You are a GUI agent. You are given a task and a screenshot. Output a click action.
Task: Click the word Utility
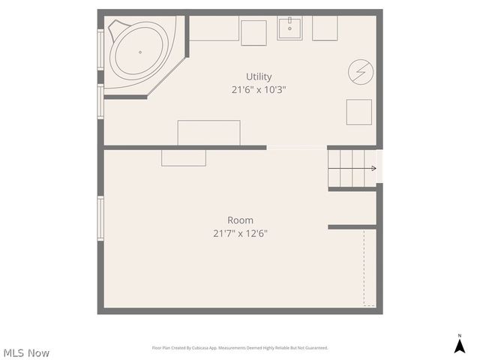coord(259,76)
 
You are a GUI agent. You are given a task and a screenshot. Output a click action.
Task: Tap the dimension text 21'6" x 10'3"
coord(259,89)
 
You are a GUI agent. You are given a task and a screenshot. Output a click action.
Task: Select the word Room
coord(240,220)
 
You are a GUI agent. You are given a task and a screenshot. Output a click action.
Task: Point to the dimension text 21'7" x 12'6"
coord(240,233)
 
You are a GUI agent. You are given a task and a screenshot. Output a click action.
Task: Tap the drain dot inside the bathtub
coord(140,52)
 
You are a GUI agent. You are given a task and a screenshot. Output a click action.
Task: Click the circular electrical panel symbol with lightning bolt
coord(359,72)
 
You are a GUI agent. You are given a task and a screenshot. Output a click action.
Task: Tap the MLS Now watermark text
coord(26,352)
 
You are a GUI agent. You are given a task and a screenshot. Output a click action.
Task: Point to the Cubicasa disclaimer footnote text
coord(240,348)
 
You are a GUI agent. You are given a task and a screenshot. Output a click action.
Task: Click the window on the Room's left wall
coord(100,217)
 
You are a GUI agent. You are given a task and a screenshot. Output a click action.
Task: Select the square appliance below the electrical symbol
coord(358,112)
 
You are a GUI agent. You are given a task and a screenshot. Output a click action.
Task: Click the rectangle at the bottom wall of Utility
coord(208,133)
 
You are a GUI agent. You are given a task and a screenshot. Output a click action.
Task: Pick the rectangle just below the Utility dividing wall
coord(184,157)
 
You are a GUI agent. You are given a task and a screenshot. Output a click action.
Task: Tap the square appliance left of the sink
coord(253,31)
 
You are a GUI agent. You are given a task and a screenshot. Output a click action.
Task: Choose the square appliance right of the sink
coord(325,28)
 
